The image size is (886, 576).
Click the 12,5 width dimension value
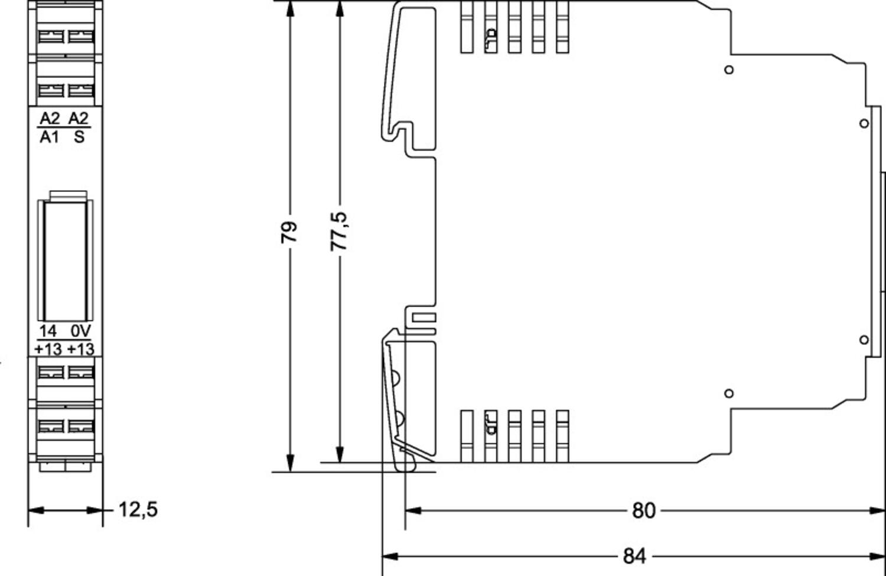(x=138, y=509)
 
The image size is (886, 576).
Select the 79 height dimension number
(x=289, y=232)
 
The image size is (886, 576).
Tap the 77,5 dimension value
(x=339, y=232)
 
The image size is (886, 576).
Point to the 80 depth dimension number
(x=643, y=510)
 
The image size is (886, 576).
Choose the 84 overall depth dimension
(x=634, y=556)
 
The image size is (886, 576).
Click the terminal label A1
(x=50, y=137)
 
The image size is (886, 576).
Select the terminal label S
(x=79, y=137)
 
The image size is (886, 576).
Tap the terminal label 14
(x=48, y=331)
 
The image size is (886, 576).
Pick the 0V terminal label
(x=80, y=331)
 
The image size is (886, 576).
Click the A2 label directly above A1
(x=50, y=118)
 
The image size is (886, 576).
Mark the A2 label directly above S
(x=79, y=118)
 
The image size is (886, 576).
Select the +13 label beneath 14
(x=48, y=349)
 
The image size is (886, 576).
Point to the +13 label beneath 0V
(x=80, y=349)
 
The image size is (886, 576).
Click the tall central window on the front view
(x=66, y=260)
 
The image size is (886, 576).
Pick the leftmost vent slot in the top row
(x=467, y=27)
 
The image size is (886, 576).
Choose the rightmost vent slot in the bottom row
(x=562, y=436)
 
